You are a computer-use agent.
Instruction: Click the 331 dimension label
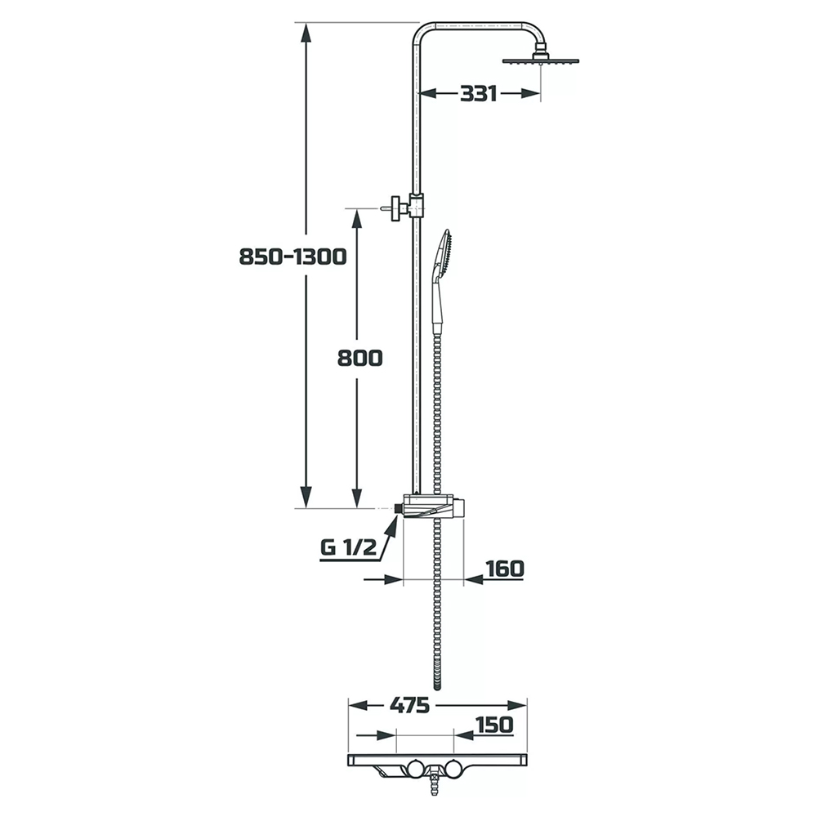click(x=478, y=94)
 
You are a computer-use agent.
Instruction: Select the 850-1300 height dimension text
click(x=292, y=257)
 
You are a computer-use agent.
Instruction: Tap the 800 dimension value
click(x=359, y=359)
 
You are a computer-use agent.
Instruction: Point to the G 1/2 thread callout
click(x=347, y=547)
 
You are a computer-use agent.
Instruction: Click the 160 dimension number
click(x=504, y=569)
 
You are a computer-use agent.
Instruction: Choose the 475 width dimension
click(x=409, y=706)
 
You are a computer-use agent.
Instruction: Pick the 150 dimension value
click(x=494, y=725)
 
